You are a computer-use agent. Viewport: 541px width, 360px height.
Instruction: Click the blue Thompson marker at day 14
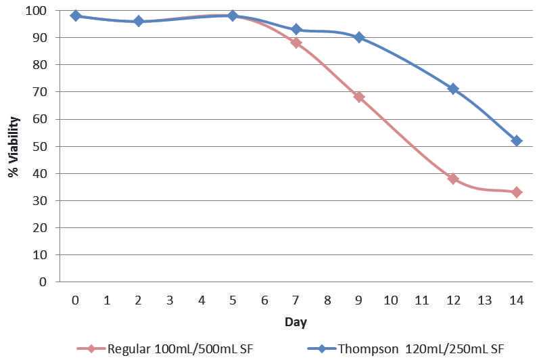pos(517,141)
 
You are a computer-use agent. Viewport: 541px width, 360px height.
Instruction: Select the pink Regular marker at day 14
pos(517,192)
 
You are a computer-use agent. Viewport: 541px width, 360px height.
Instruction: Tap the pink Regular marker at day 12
pos(453,179)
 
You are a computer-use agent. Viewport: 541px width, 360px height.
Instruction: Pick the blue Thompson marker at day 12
pos(453,89)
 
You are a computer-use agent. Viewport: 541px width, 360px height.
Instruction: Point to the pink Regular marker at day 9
pos(359,97)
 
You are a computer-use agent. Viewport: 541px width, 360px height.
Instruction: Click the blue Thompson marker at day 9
pos(359,37)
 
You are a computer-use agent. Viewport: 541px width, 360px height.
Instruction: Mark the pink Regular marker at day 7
pos(296,43)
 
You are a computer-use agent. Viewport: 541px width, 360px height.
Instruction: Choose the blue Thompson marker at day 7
pos(296,29)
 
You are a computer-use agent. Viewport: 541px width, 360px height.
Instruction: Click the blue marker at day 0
pos(75,16)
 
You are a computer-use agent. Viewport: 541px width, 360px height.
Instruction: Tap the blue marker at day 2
pos(139,21)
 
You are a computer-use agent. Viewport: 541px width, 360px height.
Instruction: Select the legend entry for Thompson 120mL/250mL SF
pos(419,348)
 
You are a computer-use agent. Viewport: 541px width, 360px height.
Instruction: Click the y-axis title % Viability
pos(14,147)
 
